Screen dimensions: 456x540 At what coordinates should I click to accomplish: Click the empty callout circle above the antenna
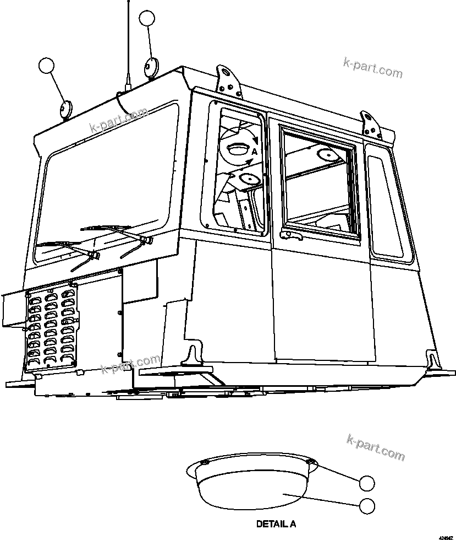tap(147, 18)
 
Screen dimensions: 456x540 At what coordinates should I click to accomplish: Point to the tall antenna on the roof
tap(127, 44)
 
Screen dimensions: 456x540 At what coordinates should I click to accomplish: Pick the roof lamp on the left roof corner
tap(65, 109)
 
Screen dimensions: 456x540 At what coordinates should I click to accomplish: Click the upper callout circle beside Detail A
tap(367, 483)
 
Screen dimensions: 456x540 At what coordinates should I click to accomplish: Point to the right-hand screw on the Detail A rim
tap(311, 462)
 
